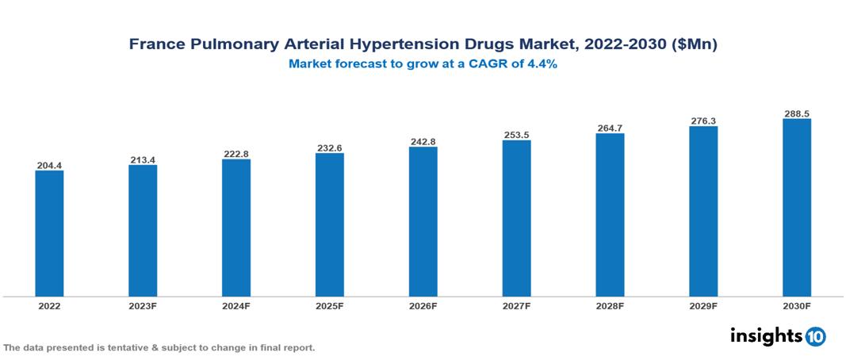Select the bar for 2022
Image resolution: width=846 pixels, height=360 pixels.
[49, 233]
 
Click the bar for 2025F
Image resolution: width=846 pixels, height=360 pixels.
[329, 224]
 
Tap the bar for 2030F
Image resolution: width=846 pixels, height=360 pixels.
[796, 208]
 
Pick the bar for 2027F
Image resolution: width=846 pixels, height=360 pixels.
[516, 218]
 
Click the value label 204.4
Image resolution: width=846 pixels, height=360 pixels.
[49, 165]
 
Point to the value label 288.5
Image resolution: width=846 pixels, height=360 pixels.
[796, 113]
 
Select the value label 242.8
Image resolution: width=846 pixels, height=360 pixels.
[423, 141]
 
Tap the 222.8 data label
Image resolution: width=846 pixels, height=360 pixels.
[236, 154]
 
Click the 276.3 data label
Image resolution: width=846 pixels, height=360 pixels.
[703, 121]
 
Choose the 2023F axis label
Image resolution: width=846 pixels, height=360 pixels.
[143, 305]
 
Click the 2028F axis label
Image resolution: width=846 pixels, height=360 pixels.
[610, 305]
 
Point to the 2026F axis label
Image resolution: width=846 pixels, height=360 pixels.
[423, 305]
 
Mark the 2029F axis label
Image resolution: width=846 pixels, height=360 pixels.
[703, 305]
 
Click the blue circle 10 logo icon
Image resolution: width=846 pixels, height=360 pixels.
[815, 337]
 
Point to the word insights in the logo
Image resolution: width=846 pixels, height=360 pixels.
[766, 336]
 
